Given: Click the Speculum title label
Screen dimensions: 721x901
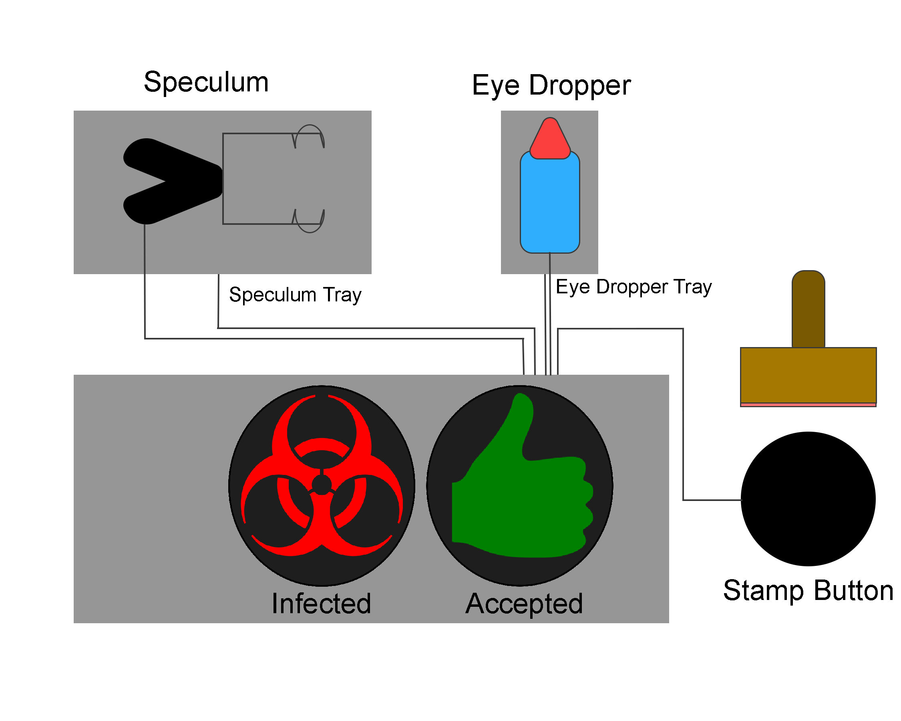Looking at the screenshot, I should pyautogui.click(x=206, y=83).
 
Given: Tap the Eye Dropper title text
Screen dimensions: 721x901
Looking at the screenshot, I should pyautogui.click(x=551, y=86).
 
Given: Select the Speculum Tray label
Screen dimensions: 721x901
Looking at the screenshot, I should pyautogui.click(x=295, y=295).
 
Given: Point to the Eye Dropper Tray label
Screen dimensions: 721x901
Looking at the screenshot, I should pyautogui.click(x=634, y=287).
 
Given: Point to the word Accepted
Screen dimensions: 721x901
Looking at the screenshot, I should pyautogui.click(x=525, y=604).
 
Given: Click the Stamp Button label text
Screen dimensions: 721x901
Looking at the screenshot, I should pyautogui.click(x=808, y=590).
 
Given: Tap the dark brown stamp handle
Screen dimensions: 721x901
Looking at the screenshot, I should pyautogui.click(x=808, y=309).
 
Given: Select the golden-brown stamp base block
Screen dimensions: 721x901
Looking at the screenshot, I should pyautogui.click(x=808, y=375).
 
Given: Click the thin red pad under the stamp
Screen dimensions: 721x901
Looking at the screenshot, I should pyautogui.click(x=808, y=405).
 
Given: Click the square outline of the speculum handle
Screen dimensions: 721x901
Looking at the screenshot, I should pyautogui.click(x=223, y=180).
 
